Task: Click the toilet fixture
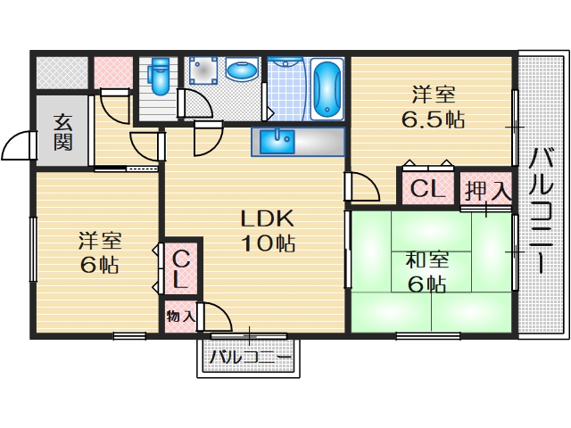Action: pyautogui.click(x=160, y=77)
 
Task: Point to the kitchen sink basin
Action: pyautogui.click(x=283, y=139)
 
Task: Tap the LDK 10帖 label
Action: pyautogui.click(x=265, y=229)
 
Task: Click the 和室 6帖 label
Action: pyautogui.click(x=426, y=271)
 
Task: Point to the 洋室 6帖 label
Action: pyautogui.click(x=99, y=252)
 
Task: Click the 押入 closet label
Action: pyautogui.click(x=487, y=190)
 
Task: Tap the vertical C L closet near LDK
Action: pyautogui.click(x=180, y=269)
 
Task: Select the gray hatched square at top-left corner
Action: pyautogui.click(x=61, y=71)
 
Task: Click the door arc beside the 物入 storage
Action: pyautogui.click(x=217, y=317)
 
